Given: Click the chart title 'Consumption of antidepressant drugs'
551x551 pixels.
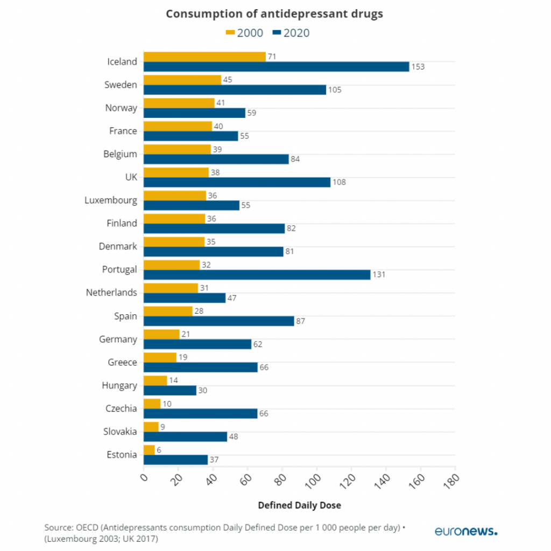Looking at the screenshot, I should click(x=274, y=14).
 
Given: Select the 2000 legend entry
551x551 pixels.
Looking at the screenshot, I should click(x=244, y=33).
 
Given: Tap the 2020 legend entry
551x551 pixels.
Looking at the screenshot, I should click(x=291, y=33).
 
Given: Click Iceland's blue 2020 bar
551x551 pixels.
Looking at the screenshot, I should click(x=276, y=67).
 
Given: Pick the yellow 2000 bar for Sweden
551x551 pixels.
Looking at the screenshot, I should click(x=182, y=80).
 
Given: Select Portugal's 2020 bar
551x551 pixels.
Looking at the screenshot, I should click(x=257, y=274).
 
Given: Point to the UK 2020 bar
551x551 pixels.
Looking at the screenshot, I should click(x=237, y=182).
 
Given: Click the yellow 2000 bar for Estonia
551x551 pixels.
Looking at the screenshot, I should click(x=149, y=450).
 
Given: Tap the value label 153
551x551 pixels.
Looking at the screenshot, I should click(x=418, y=67).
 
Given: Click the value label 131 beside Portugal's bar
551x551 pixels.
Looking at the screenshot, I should click(x=380, y=274).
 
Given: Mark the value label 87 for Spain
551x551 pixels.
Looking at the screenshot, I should click(x=301, y=321).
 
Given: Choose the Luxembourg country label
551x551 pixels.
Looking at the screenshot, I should click(x=111, y=200).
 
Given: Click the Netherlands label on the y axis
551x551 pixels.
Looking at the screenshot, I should click(x=111, y=293).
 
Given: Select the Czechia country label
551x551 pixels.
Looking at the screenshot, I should click(x=121, y=408).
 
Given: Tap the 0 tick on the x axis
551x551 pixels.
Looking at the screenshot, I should click(x=143, y=477).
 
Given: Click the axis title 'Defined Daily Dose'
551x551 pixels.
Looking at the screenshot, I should click(x=299, y=506).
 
